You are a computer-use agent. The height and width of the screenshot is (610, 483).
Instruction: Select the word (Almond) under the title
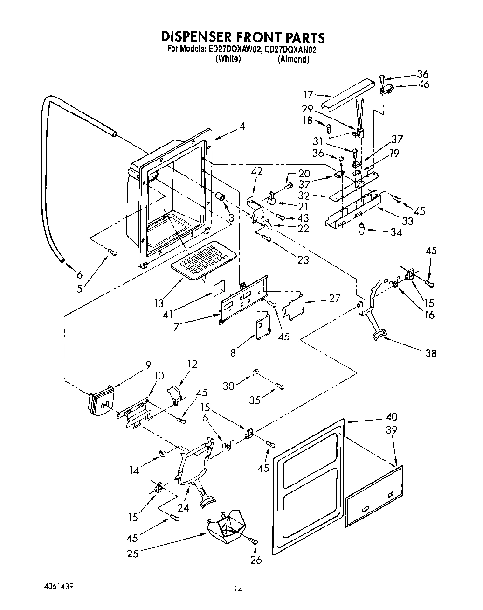point(293,59)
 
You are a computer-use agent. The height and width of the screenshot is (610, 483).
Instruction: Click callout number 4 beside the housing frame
point(242,126)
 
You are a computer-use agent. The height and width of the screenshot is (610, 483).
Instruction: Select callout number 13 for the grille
point(159,303)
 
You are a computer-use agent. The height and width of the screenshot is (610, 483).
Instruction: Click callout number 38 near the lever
point(431,353)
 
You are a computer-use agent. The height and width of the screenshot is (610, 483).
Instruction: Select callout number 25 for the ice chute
point(132,554)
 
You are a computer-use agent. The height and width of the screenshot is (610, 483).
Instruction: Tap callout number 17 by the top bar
point(308,95)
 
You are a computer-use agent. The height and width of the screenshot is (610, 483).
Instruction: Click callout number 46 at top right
point(424,84)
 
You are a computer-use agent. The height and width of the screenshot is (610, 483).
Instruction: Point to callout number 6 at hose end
point(80,274)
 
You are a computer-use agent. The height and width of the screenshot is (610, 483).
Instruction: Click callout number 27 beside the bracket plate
point(334,298)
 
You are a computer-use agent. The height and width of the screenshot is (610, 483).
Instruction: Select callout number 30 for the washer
point(228,386)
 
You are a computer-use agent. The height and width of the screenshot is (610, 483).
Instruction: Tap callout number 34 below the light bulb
point(396,232)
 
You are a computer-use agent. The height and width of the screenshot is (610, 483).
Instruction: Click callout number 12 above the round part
point(192,364)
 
